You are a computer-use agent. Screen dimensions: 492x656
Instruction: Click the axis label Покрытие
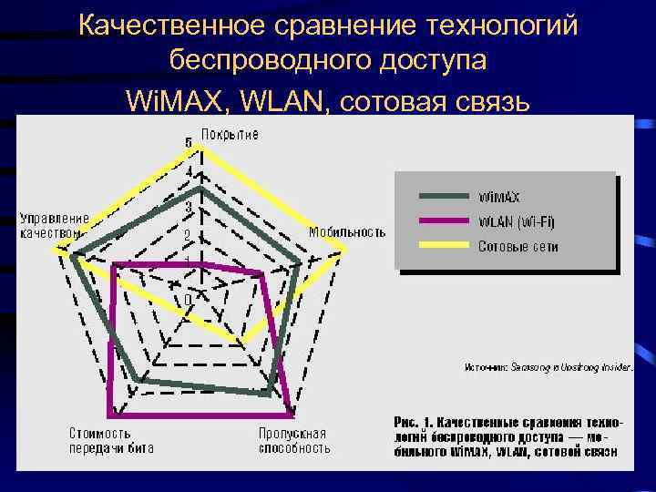click(230, 135)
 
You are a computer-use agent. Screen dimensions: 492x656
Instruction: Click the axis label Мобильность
click(347, 231)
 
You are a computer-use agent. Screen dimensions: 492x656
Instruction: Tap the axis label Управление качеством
click(55, 225)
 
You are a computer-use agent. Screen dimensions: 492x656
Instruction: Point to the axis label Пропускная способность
click(293, 440)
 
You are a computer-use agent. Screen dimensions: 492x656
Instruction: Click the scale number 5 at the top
click(189, 144)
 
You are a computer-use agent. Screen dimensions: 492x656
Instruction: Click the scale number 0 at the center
click(188, 299)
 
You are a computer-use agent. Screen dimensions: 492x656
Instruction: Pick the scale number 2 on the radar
click(187, 236)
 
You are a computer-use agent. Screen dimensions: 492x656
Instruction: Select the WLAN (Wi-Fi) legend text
click(517, 221)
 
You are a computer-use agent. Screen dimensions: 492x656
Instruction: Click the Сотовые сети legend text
click(518, 246)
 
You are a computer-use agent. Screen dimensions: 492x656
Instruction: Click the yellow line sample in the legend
click(446, 246)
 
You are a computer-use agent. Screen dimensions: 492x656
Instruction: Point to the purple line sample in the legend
click(446, 221)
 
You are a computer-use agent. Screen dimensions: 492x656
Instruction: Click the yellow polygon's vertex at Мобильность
click(346, 249)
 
